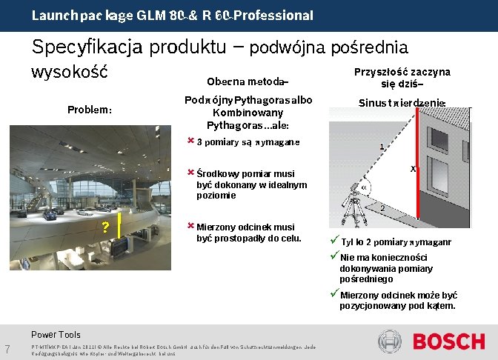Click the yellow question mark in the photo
(107, 227)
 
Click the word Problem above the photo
(90, 110)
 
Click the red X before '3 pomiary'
(190, 140)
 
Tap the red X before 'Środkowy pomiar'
(190, 172)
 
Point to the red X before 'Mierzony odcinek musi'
(190, 226)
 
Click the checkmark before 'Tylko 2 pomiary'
(334, 241)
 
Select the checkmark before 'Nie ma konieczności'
(334, 256)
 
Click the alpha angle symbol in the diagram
(363, 187)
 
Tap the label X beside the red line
(413, 170)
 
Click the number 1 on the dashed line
(381, 147)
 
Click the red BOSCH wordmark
(448, 341)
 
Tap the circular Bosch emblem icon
(391, 341)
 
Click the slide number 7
(7, 350)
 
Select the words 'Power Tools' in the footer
(56, 335)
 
